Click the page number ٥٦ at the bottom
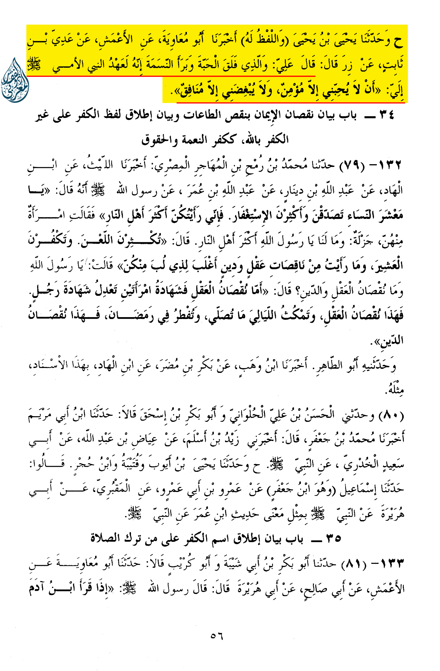click(x=217, y=636)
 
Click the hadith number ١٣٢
click(x=387, y=165)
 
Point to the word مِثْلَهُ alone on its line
click(x=394, y=390)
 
